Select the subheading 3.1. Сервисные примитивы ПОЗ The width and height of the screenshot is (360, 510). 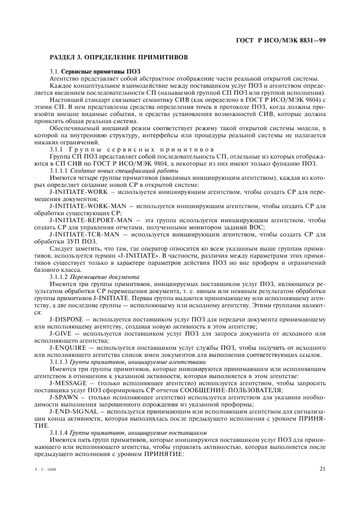[x=87, y=71]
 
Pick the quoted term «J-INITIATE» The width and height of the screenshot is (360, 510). [x=142, y=255]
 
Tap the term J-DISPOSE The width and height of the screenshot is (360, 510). [x=66, y=319]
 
